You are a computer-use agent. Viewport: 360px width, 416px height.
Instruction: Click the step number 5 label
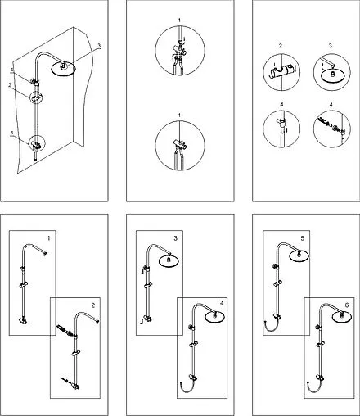(302, 238)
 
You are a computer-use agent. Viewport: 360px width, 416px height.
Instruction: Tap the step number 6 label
(347, 305)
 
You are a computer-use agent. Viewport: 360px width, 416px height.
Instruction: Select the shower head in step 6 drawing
(342, 317)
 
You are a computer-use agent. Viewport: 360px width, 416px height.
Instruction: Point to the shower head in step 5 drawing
(299, 255)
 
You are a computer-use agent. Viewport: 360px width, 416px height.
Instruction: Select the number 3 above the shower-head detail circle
(331, 46)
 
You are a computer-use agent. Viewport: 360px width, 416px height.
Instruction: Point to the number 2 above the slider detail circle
(280, 46)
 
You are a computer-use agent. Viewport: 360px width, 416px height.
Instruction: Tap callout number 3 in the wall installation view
(99, 45)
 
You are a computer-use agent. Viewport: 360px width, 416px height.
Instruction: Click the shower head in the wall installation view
(63, 68)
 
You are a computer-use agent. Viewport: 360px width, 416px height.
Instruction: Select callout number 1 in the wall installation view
(11, 133)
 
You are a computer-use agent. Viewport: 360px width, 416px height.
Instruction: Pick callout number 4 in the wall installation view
(11, 70)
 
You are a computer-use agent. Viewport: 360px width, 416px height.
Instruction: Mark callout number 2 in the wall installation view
(10, 85)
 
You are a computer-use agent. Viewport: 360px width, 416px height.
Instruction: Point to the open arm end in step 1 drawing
(45, 254)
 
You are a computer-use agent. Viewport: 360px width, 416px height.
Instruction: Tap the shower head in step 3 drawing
(169, 260)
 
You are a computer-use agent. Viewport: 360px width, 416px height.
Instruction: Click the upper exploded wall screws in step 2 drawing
(65, 330)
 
